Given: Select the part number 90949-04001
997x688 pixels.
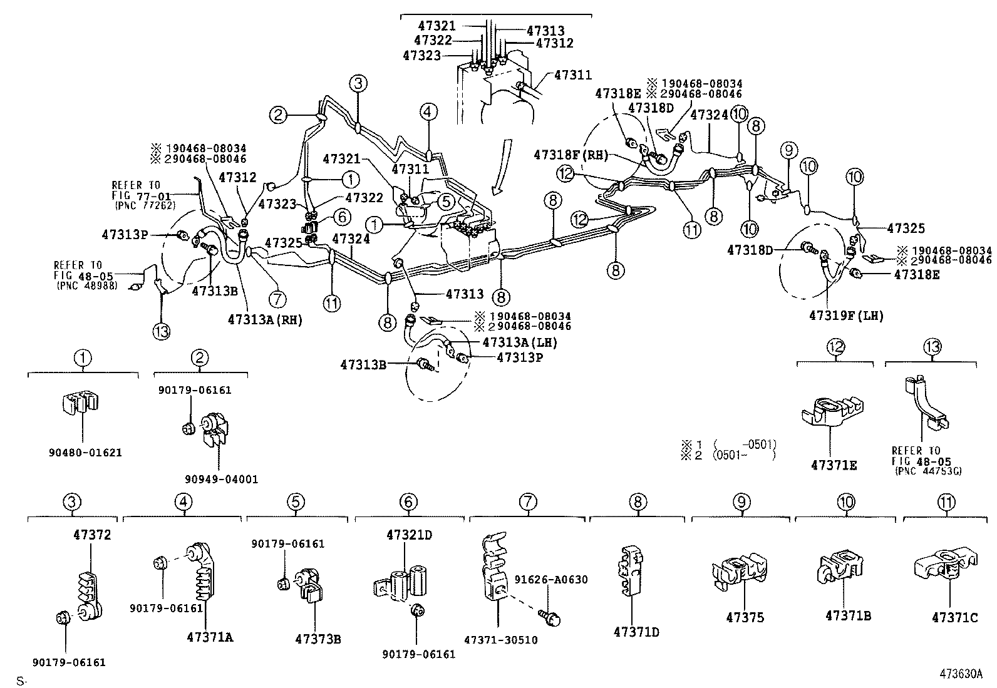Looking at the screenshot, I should pyautogui.click(x=221, y=479).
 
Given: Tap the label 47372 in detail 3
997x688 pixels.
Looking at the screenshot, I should pyautogui.click(x=91, y=535).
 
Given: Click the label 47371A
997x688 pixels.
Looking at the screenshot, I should pyautogui.click(x=210, y=637).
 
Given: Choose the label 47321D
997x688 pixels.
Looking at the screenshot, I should pyautogui.click(x=409, y=535).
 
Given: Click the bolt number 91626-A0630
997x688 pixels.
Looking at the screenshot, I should pyautogui.click(x=551, y=579).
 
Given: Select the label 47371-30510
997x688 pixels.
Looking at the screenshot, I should pyautogui.click(x=500, y=639).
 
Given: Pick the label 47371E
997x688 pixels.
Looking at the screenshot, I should pyautogui.click(x=834, y=465).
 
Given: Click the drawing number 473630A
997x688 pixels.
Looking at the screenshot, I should pyautogui.click(x=961, y=674).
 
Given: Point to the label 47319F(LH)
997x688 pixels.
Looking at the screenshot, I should pyautogui.click(x=845, y=316).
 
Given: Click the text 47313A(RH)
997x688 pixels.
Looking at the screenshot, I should pyautogui.click(x=265, y=319).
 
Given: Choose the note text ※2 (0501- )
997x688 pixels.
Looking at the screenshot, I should pyautogui.click(x=729, y=455).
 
